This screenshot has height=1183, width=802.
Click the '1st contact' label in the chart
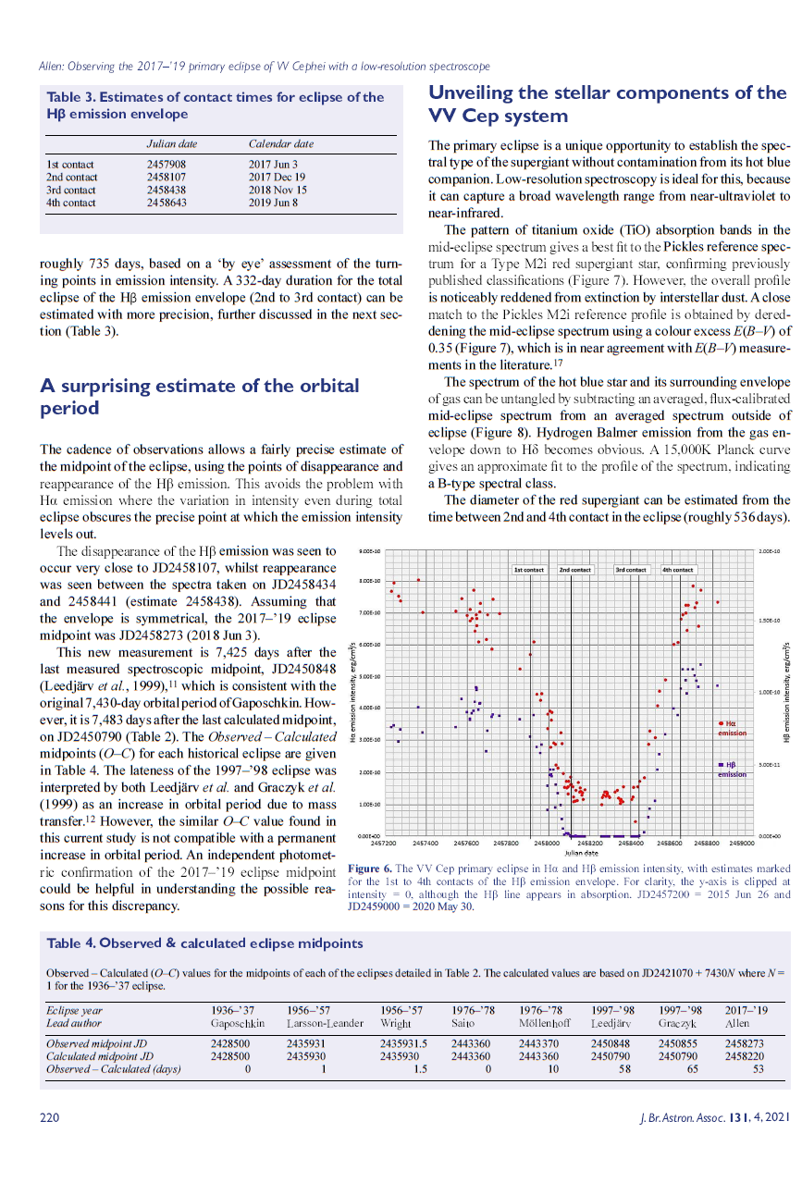(x=529, y=571)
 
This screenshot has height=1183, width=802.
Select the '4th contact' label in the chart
(x=678, y=571)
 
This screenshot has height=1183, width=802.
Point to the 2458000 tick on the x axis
(x=547, y=844)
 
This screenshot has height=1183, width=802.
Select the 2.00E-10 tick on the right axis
(x=770, y=551)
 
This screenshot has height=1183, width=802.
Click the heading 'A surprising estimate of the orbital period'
(x=200, y=397)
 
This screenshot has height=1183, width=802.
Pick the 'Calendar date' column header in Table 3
(x=281, y=144)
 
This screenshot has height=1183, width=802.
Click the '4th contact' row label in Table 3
(x=71, y=203)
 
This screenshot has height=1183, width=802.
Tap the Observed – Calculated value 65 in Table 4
(x=685, y=1069)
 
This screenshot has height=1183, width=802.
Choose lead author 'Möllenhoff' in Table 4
(x=545, y=1024)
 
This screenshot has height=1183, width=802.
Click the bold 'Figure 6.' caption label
(x=368, y=869)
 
